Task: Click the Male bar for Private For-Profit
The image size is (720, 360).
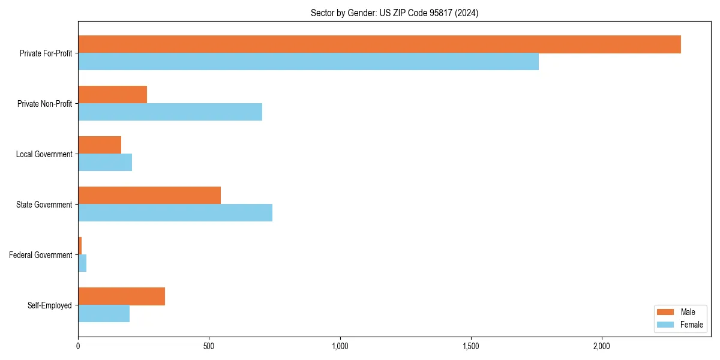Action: tap(379, 44)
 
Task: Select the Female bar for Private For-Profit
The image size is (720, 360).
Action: tap(308, 62)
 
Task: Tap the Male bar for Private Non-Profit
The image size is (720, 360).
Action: tap(113, 95)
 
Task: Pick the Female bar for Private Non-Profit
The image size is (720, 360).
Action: tap(170, 112)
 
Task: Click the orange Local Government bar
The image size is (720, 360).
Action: tap(100, 145)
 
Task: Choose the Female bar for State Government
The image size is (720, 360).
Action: tap(175, 213)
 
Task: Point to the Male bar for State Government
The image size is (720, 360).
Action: tap(149, 196)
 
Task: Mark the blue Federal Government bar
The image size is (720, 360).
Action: tap(82, 263)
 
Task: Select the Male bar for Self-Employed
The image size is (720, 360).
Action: tap(122, 296)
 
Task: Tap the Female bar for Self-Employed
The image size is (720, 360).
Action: tap(104, 314)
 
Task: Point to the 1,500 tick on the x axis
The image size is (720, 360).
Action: tap(471, 347)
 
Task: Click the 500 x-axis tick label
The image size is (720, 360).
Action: tap(209, 347)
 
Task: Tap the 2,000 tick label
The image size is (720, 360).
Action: tap(602, 347)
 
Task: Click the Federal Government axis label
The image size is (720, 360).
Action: tap(40, 255)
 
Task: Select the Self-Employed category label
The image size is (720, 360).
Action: tap(49, 305)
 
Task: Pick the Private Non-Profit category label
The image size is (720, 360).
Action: tap(44, 104)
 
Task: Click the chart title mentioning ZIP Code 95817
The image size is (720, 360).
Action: tap(394, 13)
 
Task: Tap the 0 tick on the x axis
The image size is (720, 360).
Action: tap(78, 347)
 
